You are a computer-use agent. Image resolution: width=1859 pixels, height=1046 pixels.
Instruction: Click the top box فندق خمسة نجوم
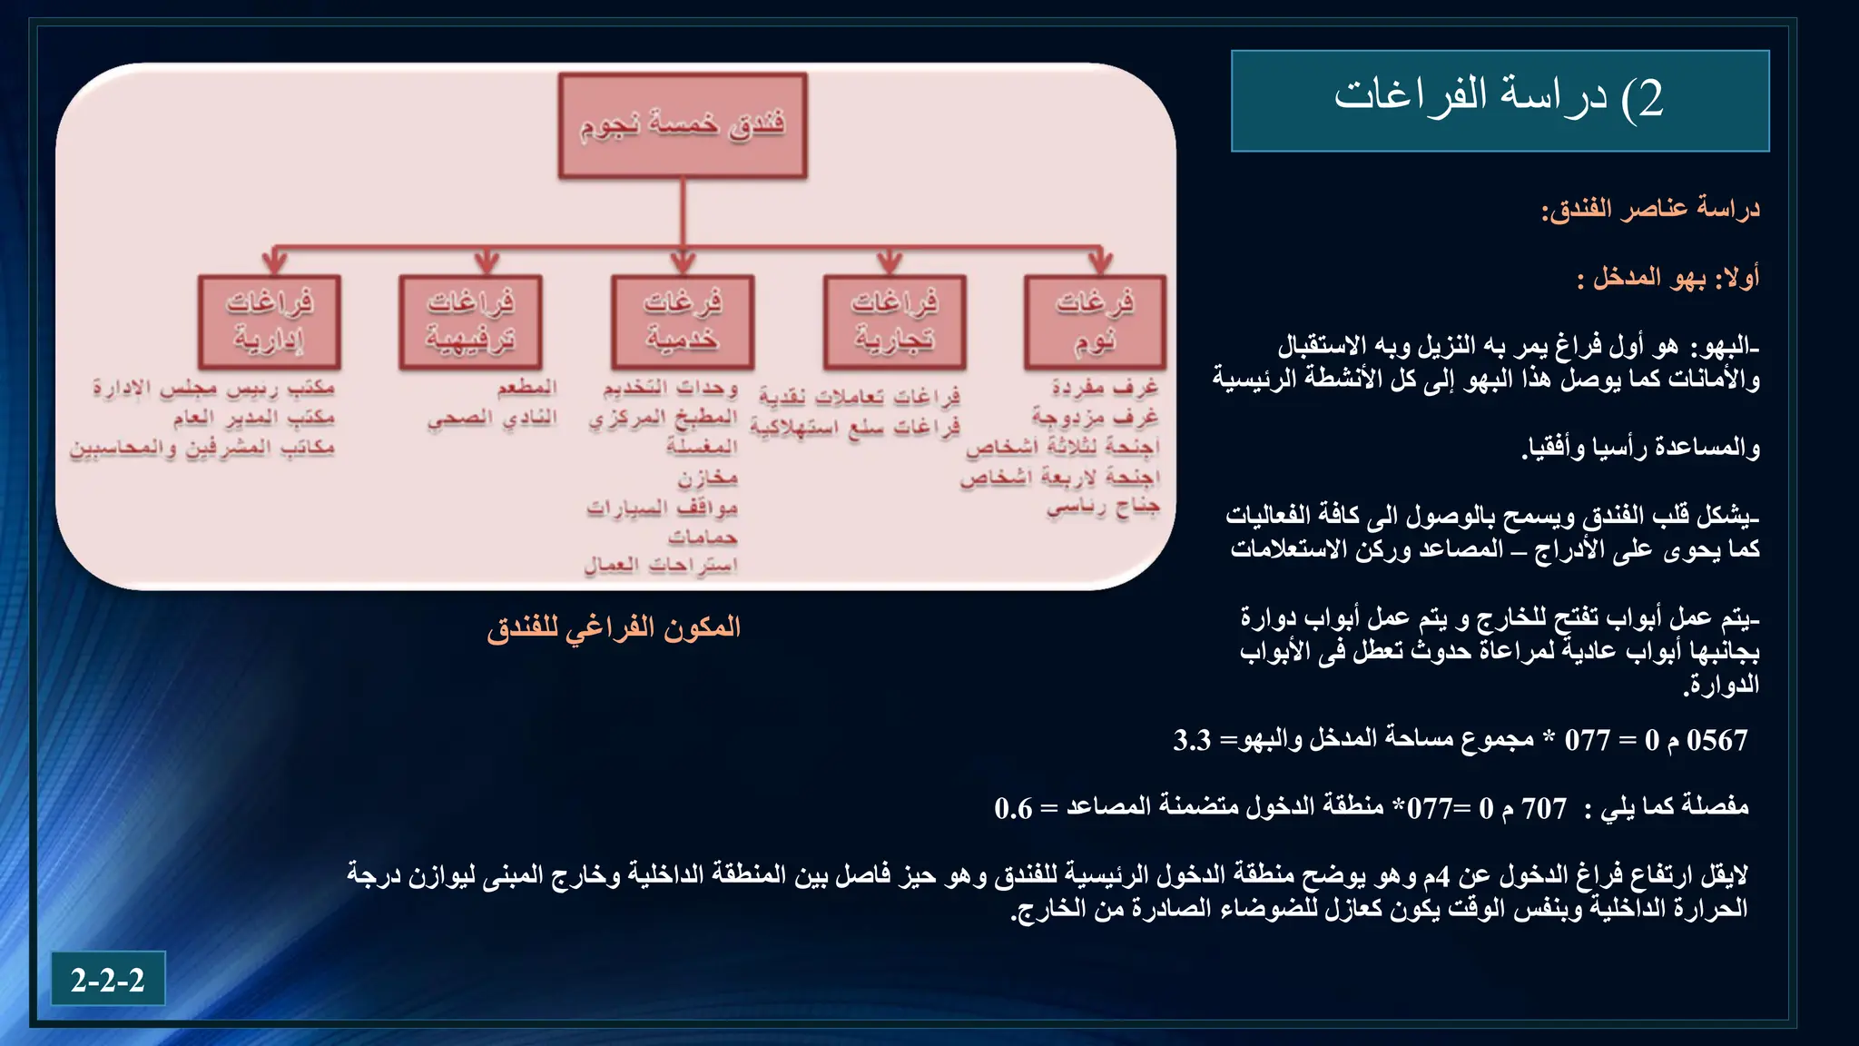point(683,125)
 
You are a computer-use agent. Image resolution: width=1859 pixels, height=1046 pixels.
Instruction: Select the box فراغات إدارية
point(270,322)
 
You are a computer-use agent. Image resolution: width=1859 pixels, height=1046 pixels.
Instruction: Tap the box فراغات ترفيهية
point(470,322)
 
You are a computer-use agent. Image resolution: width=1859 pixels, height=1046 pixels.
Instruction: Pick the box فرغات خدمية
point(683,322)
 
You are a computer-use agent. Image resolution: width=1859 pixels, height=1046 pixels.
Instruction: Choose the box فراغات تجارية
point(894,322)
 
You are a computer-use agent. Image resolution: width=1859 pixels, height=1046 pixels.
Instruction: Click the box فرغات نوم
point(1095,322)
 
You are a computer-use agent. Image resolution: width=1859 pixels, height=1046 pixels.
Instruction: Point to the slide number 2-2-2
point(108,980)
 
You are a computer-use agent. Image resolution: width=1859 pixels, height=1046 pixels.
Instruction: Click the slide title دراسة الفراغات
point(1500,99)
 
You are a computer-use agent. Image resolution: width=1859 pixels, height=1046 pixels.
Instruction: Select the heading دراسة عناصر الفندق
point(1650,209)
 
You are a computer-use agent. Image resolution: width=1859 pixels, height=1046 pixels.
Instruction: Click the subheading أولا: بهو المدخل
point(1667,277)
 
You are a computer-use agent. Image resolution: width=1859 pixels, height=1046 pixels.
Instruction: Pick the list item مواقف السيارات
point(662,508)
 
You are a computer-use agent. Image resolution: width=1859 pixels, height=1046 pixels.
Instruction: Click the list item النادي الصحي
point(493,419)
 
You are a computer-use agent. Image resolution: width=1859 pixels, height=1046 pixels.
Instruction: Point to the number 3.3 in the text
point(1192,740)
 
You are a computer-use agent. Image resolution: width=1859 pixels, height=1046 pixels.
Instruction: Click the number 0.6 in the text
point(1013,808)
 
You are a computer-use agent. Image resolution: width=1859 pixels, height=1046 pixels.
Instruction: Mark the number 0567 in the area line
point(1716,740)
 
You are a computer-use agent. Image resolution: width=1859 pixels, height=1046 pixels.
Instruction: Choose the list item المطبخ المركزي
point(663,419)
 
